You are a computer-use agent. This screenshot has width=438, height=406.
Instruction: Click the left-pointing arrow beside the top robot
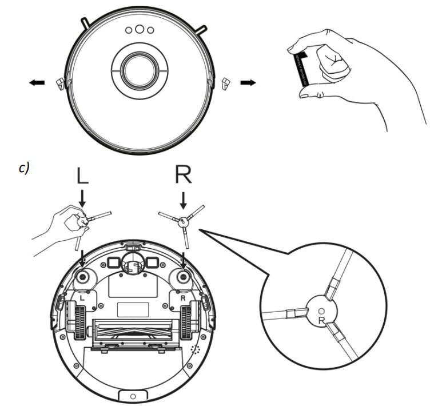tap(35, 83)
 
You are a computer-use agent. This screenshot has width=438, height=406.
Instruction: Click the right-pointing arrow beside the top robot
tap(248, 83)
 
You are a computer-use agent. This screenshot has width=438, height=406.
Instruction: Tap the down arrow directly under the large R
tap(184, 200)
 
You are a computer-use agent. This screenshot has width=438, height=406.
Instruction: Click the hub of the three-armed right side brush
tap(182, 220)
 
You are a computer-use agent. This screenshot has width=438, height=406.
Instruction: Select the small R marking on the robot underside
tap(183, 298)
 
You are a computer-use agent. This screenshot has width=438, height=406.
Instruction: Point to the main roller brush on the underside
tap(132, 331)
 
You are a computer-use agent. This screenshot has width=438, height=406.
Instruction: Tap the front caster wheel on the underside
tap(132, 264)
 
